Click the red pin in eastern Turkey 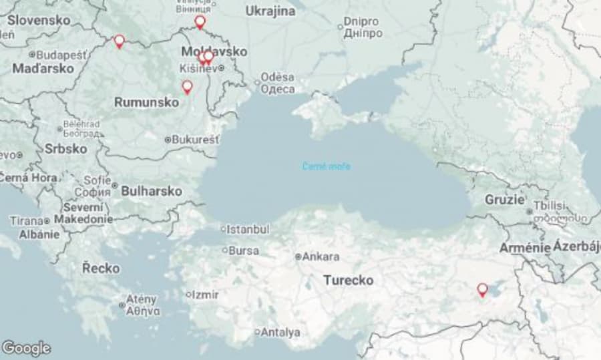coord(482,290)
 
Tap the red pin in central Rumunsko coord(187,87)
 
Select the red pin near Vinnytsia coord(200,23)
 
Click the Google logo coord(26,348)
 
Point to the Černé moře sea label coord(326,166)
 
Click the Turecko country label coord(348,281)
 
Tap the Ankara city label coord(321,256)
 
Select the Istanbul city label coord(248,229)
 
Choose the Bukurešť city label coord(195,140)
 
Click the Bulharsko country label coord(152,191)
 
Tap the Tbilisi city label coord(549,206)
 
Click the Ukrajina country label coord(270,11)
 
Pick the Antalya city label coord(280,332)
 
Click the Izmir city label coord(205,295)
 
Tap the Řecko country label coord(101,268)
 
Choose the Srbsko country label coord(65,148)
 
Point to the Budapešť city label coord(61,55)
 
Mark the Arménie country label coord(525,248)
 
